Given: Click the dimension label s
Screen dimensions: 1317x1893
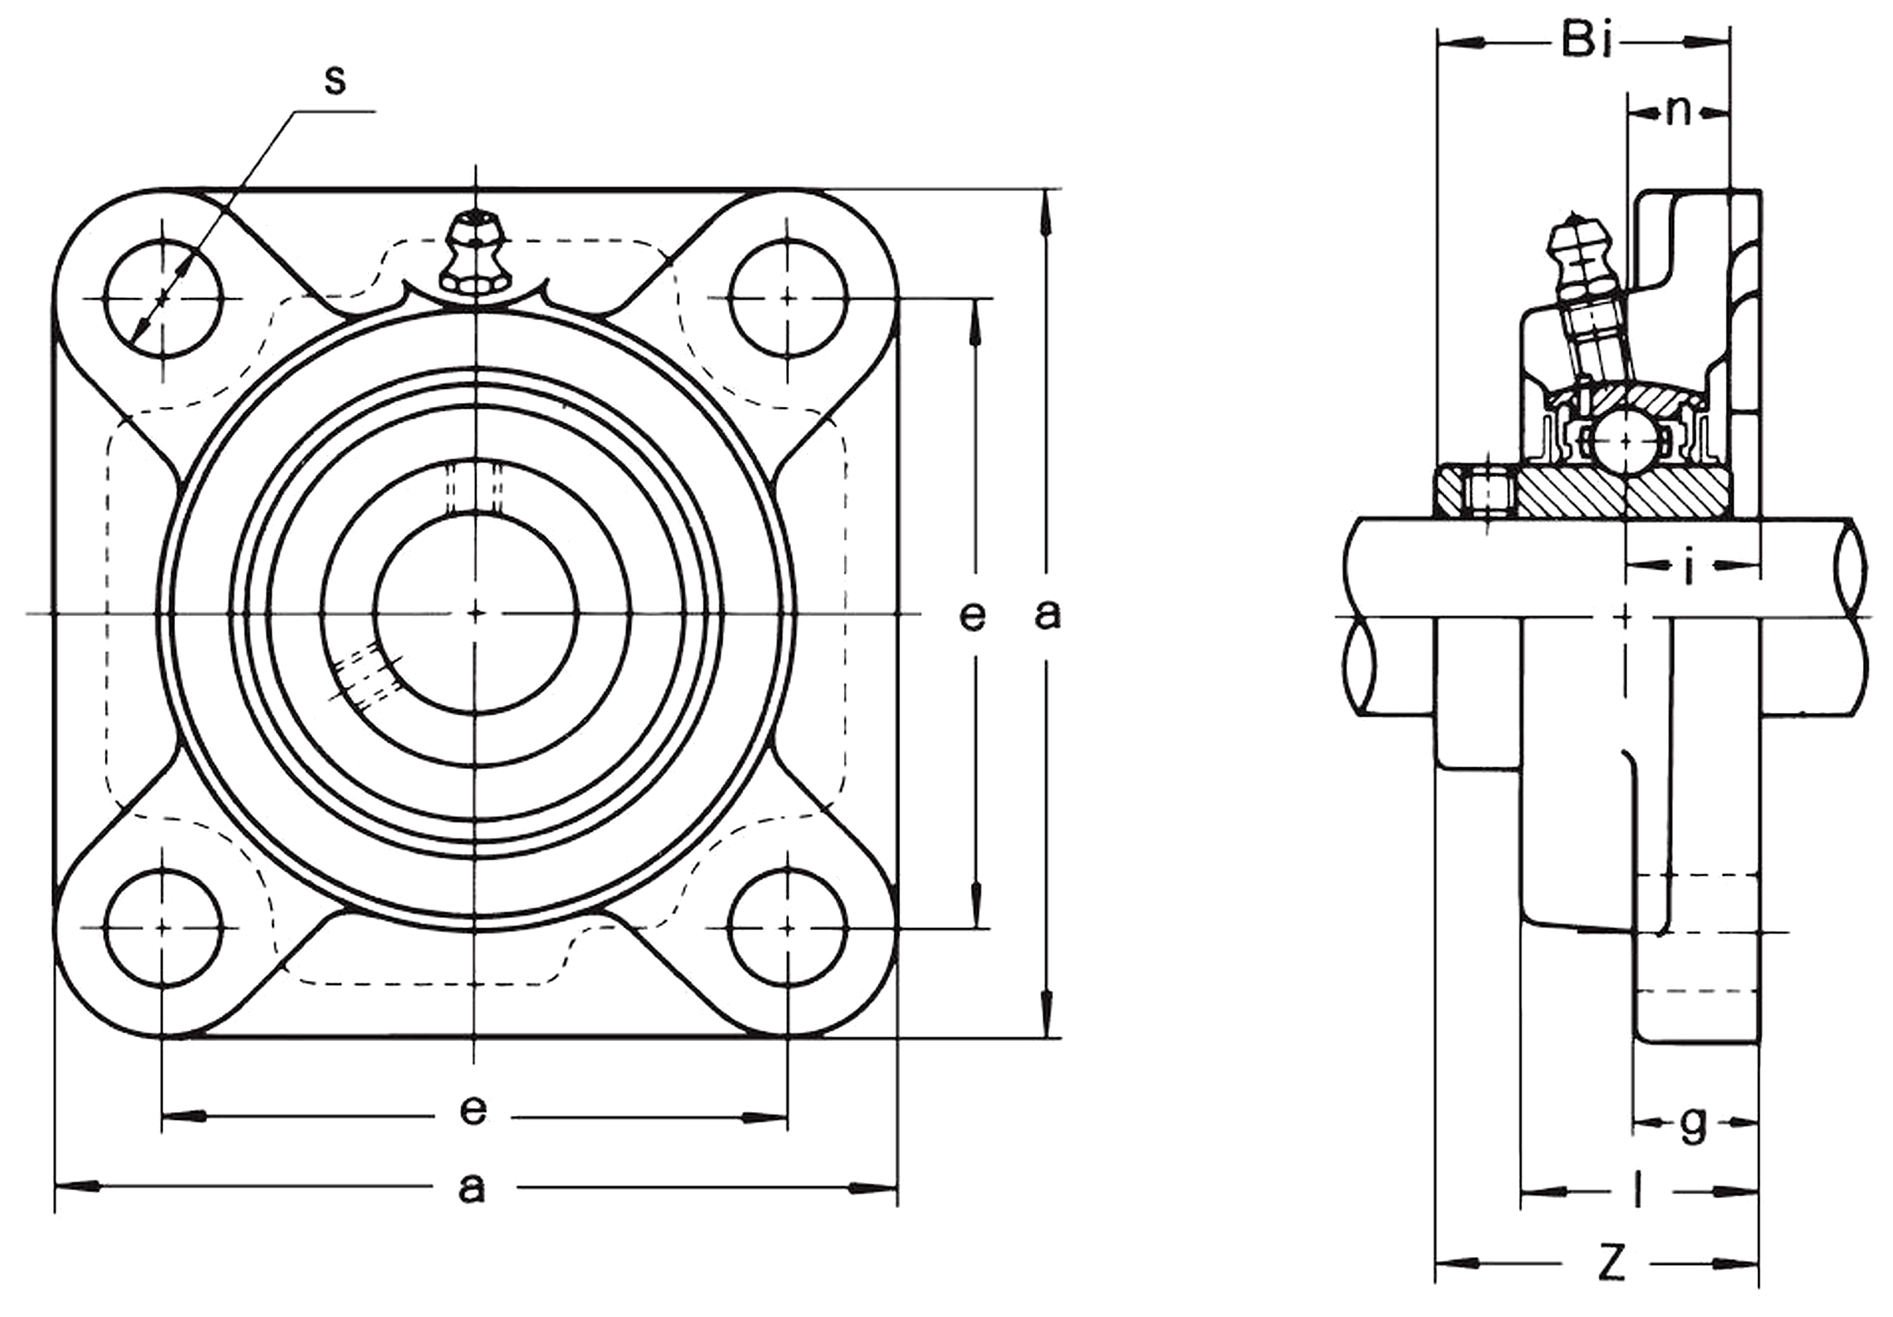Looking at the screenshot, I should [334, 80].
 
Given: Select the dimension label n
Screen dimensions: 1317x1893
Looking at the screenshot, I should [1677, 111].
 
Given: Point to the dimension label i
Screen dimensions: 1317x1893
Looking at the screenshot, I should [1690, 567].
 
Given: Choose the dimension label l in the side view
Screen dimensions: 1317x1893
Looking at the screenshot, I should [1637, 1189].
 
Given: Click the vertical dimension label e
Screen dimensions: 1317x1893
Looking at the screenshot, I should [973, 615].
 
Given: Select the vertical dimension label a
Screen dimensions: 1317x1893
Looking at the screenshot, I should [1047, 615].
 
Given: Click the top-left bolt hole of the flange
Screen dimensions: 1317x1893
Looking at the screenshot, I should [164, 298].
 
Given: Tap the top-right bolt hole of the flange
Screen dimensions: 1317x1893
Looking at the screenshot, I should [788, 297].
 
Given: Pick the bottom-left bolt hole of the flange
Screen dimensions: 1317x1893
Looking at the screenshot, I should [164, 927].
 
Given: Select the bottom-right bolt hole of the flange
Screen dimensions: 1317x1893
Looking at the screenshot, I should [788, 927].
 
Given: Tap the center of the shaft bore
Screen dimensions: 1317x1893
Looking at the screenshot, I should [476, 612].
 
